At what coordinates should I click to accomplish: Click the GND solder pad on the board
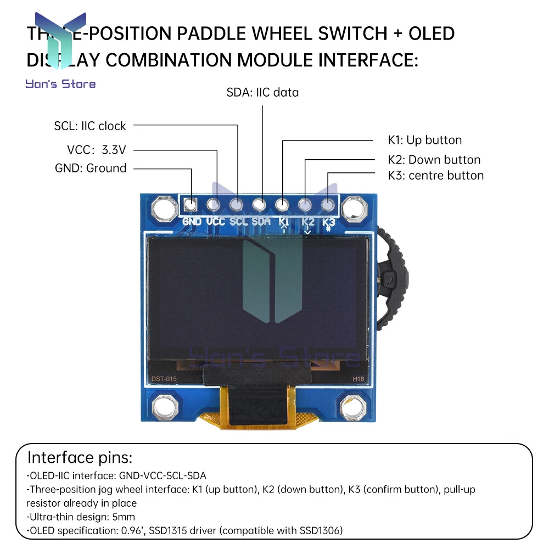191,205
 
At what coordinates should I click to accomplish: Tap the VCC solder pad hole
214,205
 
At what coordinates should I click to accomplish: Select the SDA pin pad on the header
260,205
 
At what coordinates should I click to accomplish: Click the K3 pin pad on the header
328,205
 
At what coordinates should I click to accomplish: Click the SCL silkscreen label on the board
239,222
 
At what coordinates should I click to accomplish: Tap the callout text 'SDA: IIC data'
262,92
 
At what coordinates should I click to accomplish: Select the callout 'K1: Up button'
424,140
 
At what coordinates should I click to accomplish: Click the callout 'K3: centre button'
435,176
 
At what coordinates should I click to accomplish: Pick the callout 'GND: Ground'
91,168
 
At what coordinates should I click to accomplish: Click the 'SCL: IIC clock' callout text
90,126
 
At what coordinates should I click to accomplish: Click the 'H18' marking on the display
358,379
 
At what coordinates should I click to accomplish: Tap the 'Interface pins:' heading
80,458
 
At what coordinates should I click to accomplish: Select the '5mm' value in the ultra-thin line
124,517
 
